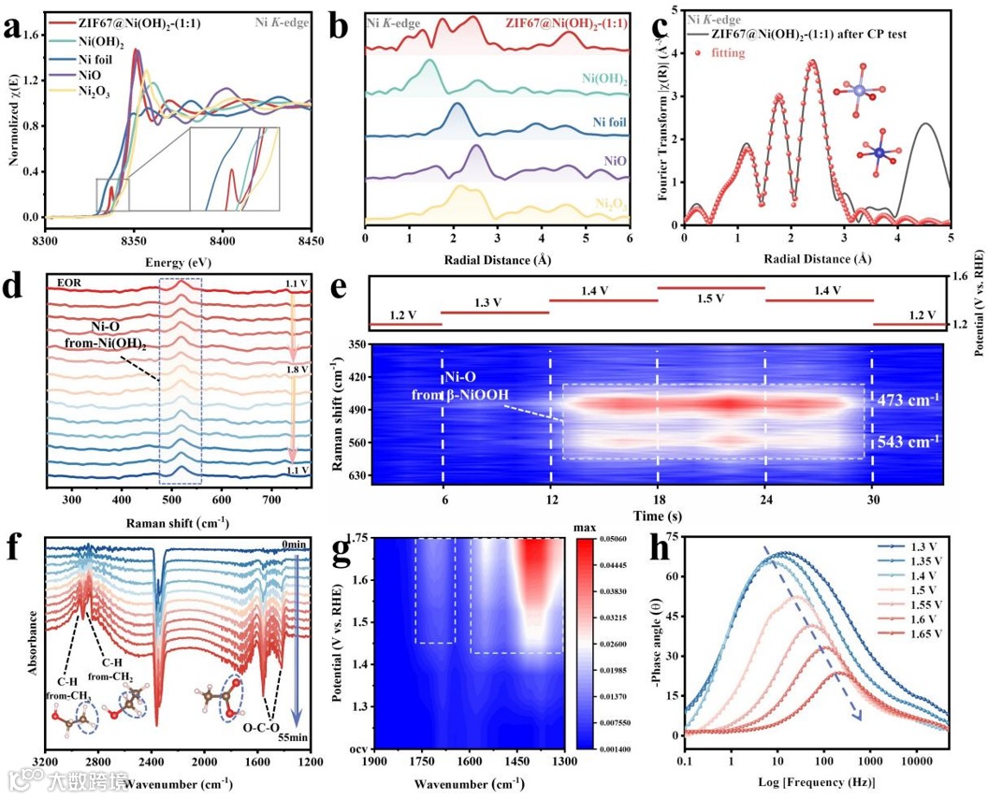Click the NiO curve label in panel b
(x=617, y=162)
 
